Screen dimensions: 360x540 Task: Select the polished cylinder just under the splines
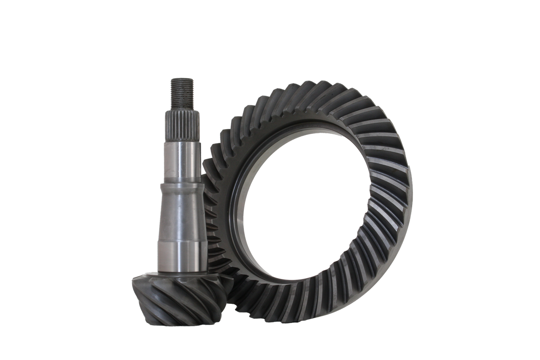(x=182, y=160)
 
